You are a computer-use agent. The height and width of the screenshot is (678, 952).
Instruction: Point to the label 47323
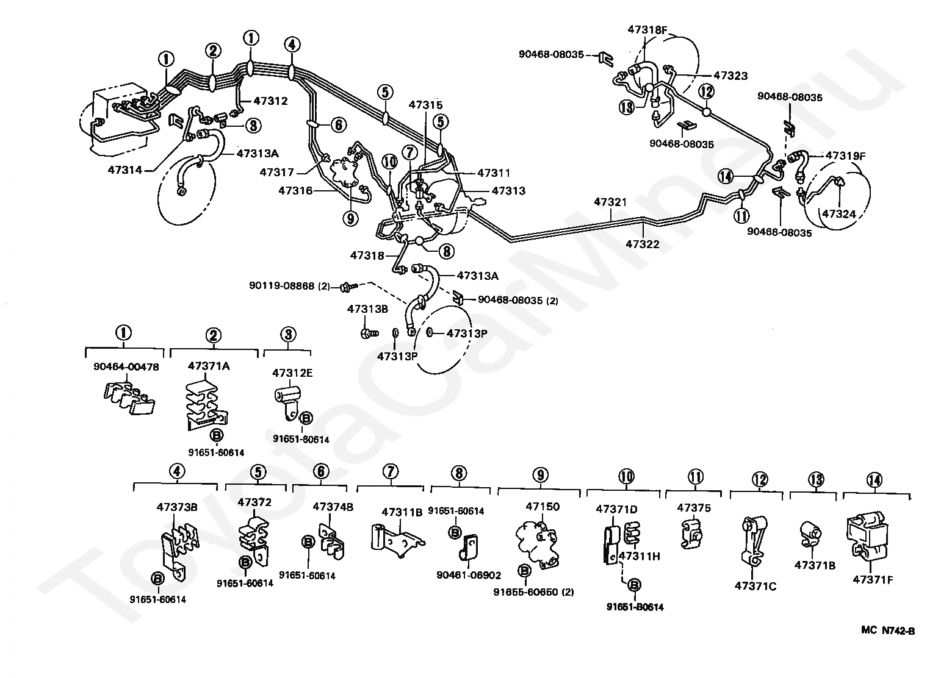(x=730, y=76)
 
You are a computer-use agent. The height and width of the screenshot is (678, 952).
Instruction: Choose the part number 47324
(x=839, y=214)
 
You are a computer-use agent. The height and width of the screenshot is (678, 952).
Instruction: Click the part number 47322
(x=643, y=244)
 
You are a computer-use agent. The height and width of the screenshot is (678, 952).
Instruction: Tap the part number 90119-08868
(x=283, y=285)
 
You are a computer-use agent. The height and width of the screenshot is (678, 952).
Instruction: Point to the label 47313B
(x=367, y=309)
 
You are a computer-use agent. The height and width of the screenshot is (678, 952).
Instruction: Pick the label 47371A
(x=209, y=366)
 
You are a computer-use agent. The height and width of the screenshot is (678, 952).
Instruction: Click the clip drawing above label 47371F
(x=867, y=537)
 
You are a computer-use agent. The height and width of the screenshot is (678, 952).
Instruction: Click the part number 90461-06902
(x=469, y=575)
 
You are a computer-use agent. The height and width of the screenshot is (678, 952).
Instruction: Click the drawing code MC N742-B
(x=888, y=631)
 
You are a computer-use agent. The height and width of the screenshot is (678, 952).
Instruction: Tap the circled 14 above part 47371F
(x=874, y=480)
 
